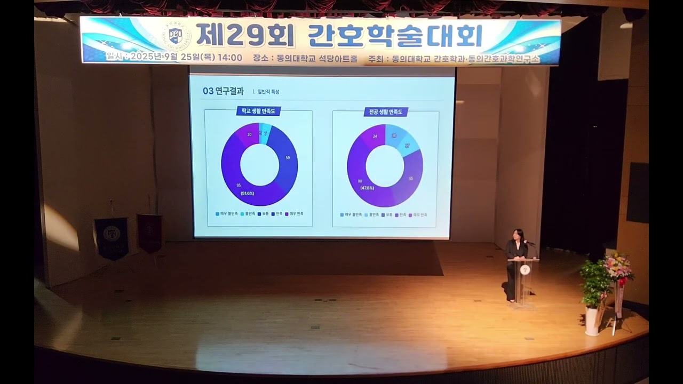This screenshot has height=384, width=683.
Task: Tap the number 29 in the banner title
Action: click(x=246, y=35)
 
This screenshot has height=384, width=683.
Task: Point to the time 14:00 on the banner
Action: click(x=229, y=58)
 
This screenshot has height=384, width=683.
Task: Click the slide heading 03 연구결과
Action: click(x=223, y=91)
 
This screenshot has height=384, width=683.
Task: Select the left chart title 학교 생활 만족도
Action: click(x=258, y=111)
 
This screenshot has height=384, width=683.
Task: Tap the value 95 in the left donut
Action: click(x=239, y=185)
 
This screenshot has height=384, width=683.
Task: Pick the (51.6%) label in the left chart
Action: click(x=248, y=193)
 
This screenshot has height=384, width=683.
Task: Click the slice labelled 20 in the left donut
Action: click(x=249, y=134)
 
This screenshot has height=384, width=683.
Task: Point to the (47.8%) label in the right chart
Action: click(x=367, y=188)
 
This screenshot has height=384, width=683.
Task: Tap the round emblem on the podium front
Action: click(x=525, y=270)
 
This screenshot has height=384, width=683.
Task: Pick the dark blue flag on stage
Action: click(x=112, y=237)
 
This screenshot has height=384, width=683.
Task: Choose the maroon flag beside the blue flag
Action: click(x=149, y=233)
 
